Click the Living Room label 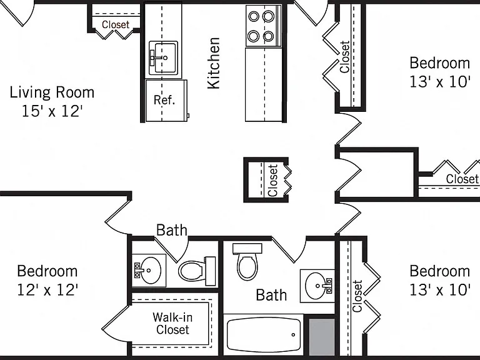[x=52, y=92]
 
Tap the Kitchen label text [x=214, y=63]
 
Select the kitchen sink [x=163, y=58]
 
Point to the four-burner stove [x=263, y=26]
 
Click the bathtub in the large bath [x=264, y=335]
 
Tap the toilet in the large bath [x=247, y=262]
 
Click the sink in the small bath [x=149, y=270]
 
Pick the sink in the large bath [x=317, y=286]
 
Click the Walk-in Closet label [x=172, y=323]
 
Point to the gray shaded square [x=321, y=337]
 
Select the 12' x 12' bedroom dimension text [x=47, y=289]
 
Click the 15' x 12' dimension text [x=52, y=111]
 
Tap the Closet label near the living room [x=116, y=24]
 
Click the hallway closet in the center [x=266, y=180]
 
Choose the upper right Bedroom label [x=439, y=63]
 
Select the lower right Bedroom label [x=439, y=271]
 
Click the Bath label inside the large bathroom [x=271, y=295]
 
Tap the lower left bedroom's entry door [x=118, y=214]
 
